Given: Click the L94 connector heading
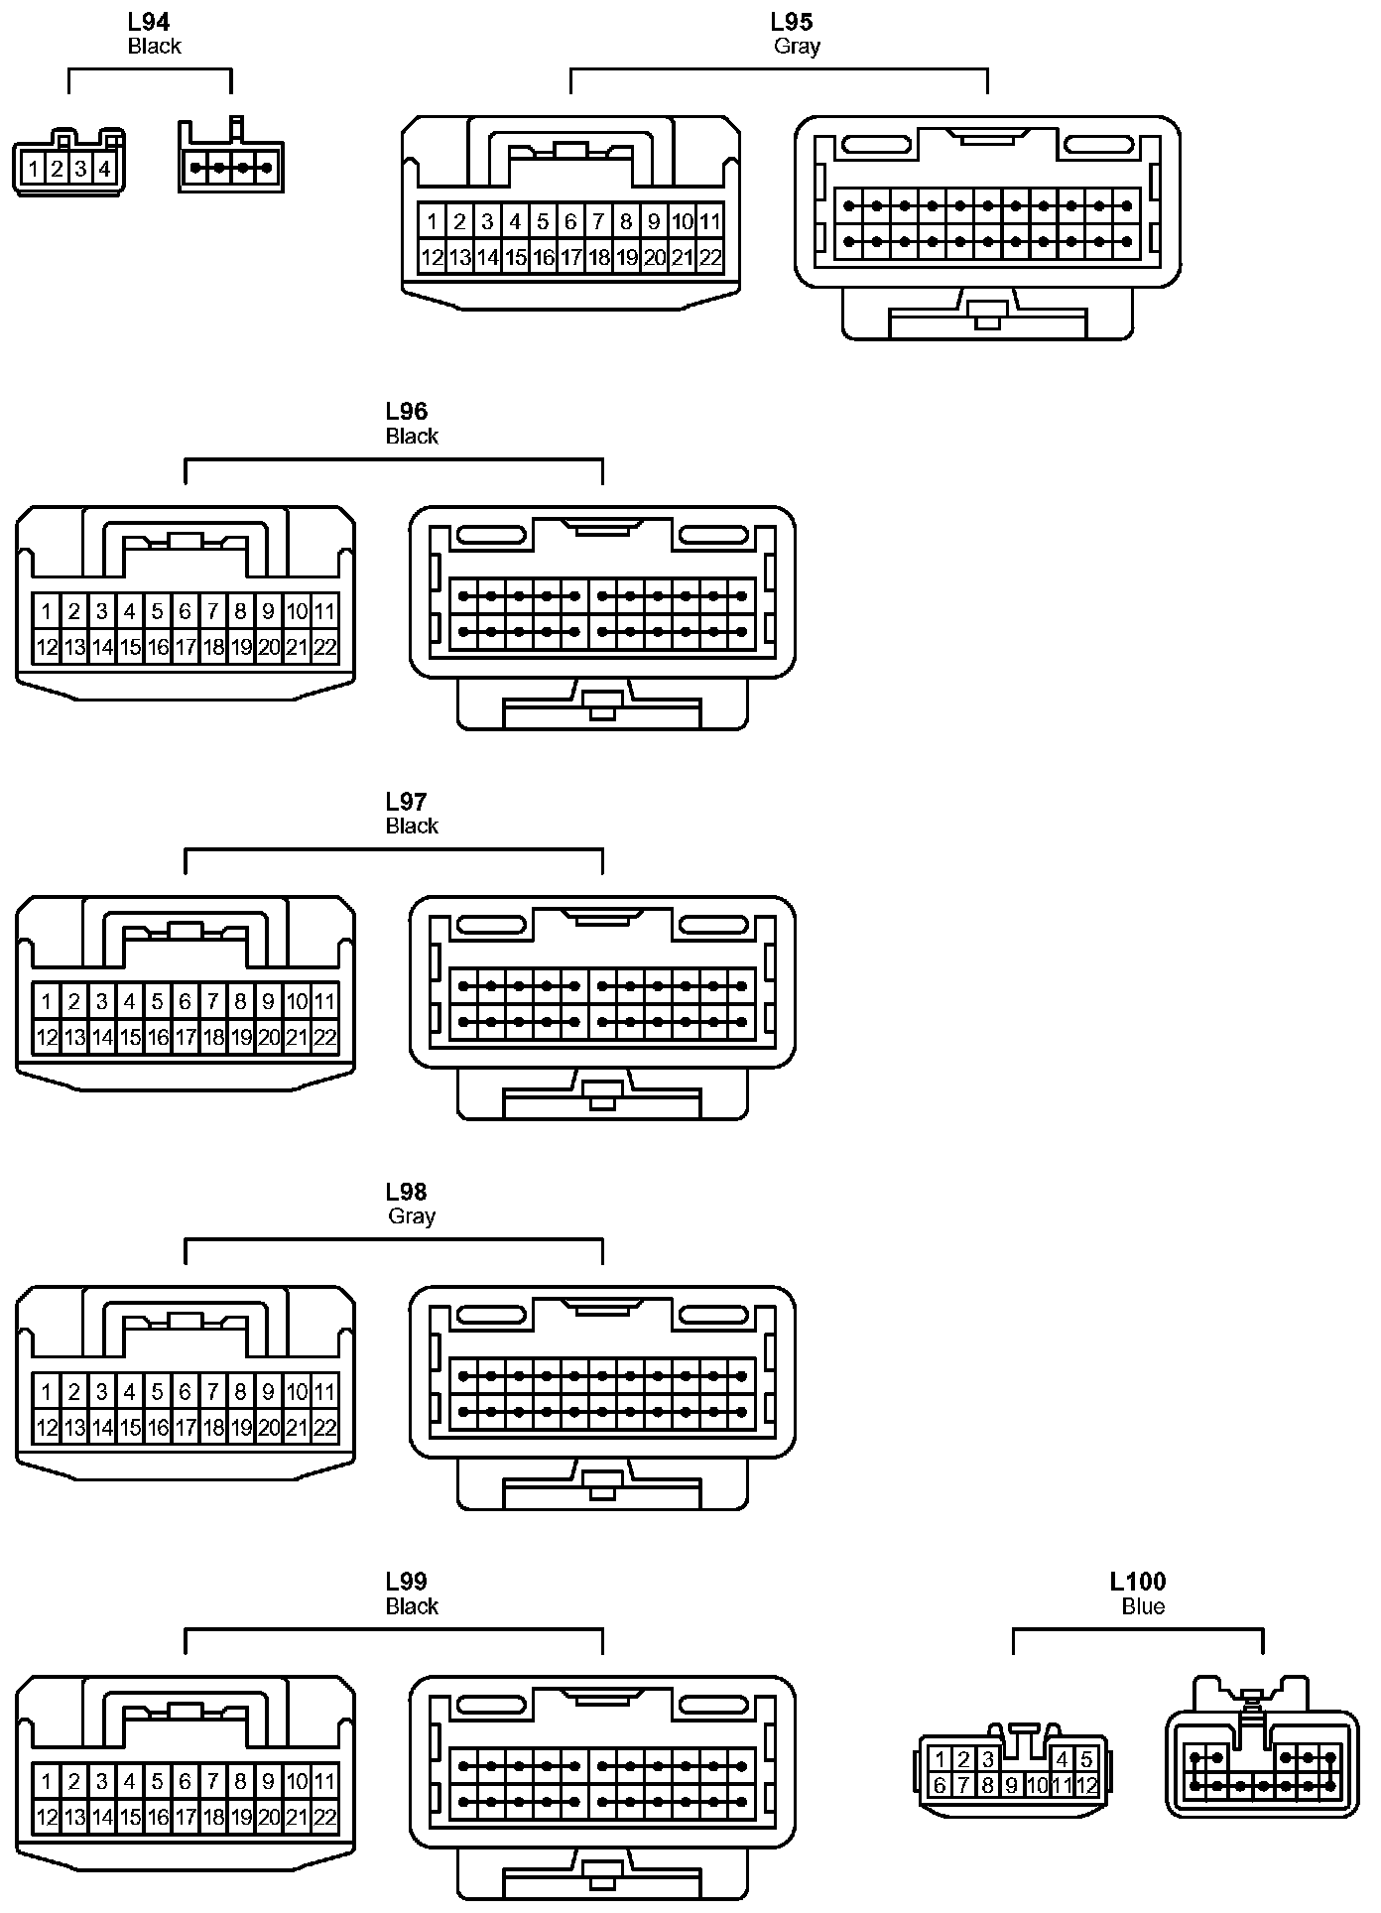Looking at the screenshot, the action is [x=149, y=22].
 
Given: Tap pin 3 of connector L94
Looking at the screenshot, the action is [x=80, y=170].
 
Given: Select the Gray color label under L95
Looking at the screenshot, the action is [x=797, y=46].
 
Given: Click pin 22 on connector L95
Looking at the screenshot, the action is [x=709, y=258].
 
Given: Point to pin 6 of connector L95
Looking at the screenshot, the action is [x=570, y=221].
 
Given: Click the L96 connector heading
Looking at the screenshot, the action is [x=407, y=412].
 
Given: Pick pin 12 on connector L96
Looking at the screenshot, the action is [x=47, y=648].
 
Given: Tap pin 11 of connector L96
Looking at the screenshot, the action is [x=324, y=611].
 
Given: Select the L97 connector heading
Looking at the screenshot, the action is [x=407, y=802].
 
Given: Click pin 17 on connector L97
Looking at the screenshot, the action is [x=186, y=1038].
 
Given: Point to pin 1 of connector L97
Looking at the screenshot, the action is [x=47, y=1001].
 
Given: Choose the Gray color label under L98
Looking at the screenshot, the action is [x=412, y=1215].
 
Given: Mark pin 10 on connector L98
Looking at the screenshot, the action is [x=297, y=1391].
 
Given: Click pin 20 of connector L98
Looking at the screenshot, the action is [x=269, y=1428].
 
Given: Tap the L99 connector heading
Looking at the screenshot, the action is [x=407, y=1582].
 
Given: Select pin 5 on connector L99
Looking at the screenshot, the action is [x=158, y=1781].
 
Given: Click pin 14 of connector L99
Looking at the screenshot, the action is [x=102, y=1818].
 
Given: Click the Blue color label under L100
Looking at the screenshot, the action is [x=1143, y=1606].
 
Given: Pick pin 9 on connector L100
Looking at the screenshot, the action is [x=1012, y=1786].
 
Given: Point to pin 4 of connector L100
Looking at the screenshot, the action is [x=1063, y=1759].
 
